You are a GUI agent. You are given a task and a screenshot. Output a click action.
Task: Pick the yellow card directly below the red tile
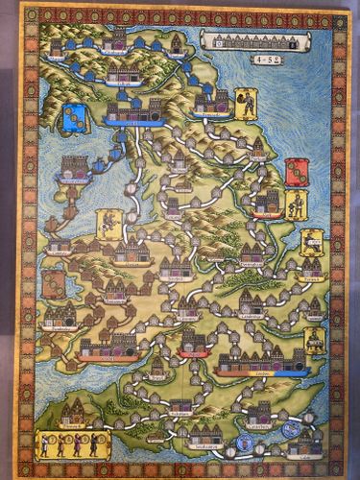tap(297, 204)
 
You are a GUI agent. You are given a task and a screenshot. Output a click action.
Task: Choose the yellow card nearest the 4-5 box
tap(247, 105)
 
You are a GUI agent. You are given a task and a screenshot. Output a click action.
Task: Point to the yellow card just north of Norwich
tap(311, 243)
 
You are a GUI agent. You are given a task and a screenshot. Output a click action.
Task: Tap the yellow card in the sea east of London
tap(314, 341)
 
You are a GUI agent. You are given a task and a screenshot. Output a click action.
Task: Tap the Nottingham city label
tap(252, 263)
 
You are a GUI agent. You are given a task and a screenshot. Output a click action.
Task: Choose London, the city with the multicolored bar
tap(262, 363)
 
